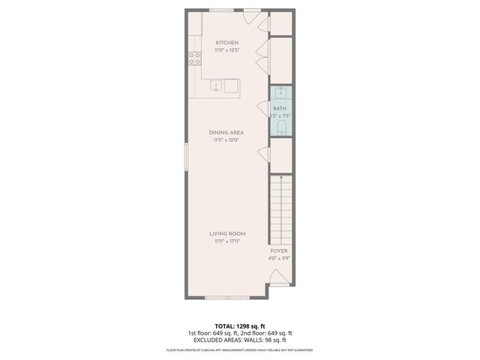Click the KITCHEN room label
pos(227,43)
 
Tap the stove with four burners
pos(194,58)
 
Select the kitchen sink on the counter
pos(216,85)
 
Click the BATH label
pos(279,109)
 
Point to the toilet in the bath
pos(280,128)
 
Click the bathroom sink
pos(280,92)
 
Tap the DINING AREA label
pos(227,133)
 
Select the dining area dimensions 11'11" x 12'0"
pos(227,140)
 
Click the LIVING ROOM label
pos(227,234)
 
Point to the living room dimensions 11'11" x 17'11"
pos(227,241)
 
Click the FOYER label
pos(279,251)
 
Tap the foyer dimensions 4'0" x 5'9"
pos(279,259)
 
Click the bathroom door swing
pos(264,106)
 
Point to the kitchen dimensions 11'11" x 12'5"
pos(227,51)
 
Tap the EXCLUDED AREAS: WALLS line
pos(239,340)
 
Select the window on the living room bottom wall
pos(226,298)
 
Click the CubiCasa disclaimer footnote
pos(239,350)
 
